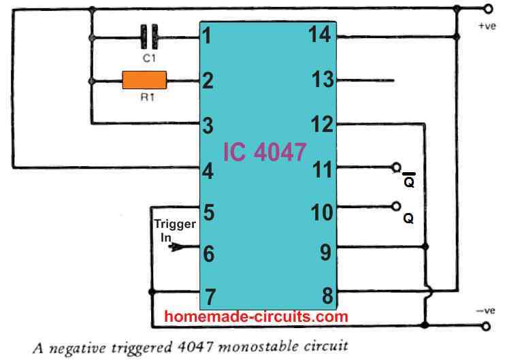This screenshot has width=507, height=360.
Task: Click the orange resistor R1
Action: point(144,80)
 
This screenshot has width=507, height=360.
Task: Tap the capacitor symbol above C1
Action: point(150,37)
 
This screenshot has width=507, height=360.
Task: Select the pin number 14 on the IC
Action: point(320,34)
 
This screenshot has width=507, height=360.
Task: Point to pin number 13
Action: point(322,80)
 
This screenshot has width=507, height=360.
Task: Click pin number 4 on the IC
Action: point(208,171)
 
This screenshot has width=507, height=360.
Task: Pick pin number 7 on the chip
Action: point(210,297)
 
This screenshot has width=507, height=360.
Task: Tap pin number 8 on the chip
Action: point(327,295)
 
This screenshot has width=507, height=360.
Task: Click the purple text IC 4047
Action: point(265,152)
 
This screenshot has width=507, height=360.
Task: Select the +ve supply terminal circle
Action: point(488,9)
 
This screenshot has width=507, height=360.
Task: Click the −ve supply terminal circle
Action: point(486,326)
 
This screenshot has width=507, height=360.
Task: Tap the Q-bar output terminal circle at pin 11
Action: point(397,167)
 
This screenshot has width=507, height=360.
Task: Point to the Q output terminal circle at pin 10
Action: point(396,206)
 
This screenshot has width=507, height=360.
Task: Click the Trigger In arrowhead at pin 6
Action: point(176,247)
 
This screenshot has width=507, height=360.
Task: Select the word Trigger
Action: point(175,225)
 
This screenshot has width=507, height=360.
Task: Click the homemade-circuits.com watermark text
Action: point(256,316)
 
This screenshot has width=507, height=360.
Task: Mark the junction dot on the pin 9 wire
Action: point(425,247)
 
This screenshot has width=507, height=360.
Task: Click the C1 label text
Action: point(149,59)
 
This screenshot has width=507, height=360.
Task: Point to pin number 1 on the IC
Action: point(207,36)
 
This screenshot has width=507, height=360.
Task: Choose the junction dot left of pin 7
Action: point(152,292)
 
